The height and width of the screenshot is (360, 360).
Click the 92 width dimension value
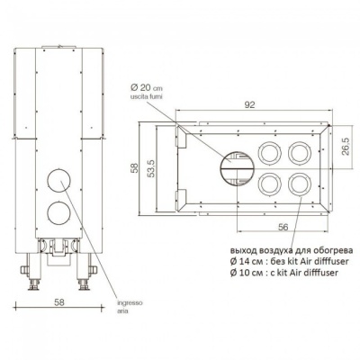coord(249,104)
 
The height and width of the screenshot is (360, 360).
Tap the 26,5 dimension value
coord(346,146)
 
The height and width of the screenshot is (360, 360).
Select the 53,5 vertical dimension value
coord(151,168)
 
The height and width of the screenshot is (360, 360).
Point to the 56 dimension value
coord(283,227)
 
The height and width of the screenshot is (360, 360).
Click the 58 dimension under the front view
coord(59,302)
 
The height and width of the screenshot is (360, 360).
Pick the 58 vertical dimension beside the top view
coord(135,167)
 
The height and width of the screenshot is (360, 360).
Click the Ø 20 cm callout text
coord(147,88)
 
